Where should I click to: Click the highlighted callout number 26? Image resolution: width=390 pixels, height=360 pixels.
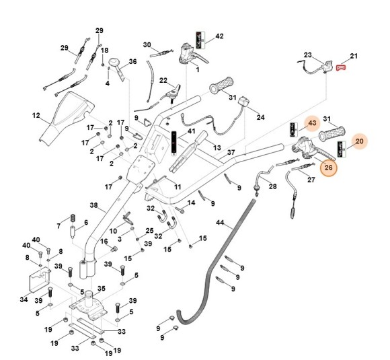tap(328, 168)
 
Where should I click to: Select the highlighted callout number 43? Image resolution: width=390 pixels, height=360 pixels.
tap(311, 123)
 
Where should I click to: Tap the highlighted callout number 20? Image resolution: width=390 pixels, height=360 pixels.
tap(359, 141)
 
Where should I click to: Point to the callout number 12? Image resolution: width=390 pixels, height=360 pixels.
tap(36, 116)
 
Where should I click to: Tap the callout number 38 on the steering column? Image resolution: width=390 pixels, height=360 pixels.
tap(93, 207)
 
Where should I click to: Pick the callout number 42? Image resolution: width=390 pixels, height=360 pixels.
tap(219, 36)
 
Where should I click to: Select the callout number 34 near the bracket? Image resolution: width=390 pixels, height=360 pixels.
tap(24, 299)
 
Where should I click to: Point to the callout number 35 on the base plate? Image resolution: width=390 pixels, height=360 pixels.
tap(102, 288)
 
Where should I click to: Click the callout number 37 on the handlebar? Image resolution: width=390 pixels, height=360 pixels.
tap(231, 153)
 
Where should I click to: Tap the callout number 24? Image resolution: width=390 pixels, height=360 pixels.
tap(261, 116)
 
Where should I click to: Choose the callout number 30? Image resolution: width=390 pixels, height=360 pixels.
tap(147, 45)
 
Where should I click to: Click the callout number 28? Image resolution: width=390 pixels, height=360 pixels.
tap(272, 186)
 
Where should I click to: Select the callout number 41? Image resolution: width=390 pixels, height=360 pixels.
tap(192, 132)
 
